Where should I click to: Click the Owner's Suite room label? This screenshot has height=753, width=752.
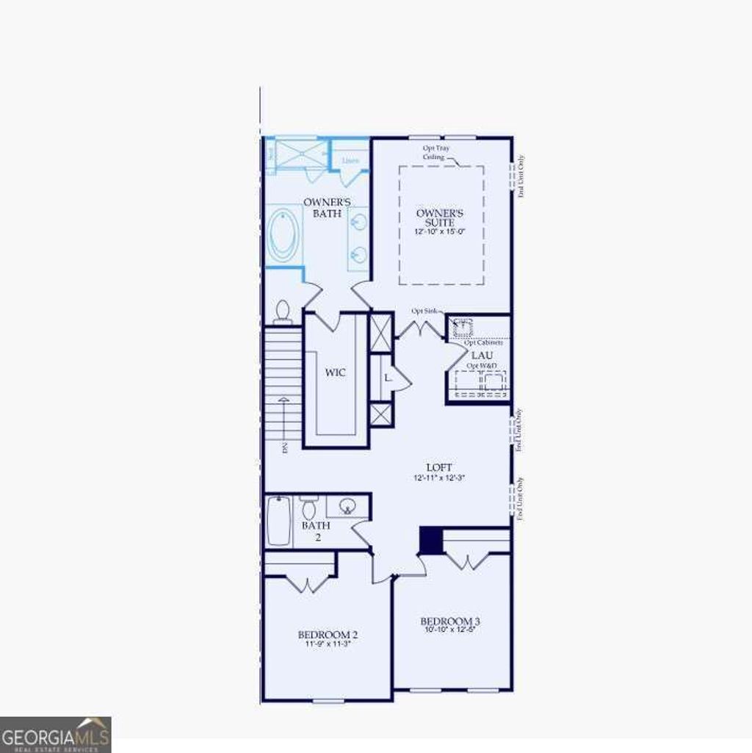pos(435,217)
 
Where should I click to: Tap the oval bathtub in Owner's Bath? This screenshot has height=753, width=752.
pos(283,235)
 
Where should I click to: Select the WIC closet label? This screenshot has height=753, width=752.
pos(336,372)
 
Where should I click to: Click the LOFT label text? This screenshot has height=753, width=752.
pos(439,467)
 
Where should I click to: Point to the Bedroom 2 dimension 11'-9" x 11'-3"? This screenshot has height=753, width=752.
pos(328,644)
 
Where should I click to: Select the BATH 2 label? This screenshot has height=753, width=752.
pos(316,531)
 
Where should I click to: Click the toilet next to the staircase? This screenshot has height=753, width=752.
pos(282,313)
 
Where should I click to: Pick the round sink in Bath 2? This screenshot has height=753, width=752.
pos(347,506)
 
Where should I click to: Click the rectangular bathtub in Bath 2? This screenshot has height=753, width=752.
pos(279,521)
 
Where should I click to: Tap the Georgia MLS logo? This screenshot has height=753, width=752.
pos(56,735)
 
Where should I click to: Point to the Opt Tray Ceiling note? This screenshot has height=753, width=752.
pos(435,152)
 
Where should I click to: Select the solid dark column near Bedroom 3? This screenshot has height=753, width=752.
pos(431,540)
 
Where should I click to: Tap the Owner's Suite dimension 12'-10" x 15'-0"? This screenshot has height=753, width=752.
pos(440,231)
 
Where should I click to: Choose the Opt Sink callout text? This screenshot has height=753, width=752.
pos(424,311)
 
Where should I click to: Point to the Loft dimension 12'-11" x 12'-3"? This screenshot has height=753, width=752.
pos(439,478)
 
